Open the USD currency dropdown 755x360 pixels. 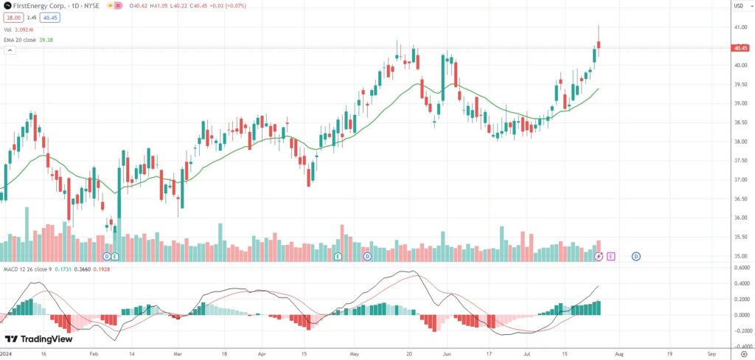pyautogui.click(x=737, y=7)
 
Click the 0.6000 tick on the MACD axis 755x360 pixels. pyautogui.click(x=740, y=268)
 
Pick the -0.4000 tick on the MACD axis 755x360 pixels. pyautogui.click(x=740, y=345)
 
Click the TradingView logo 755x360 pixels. pyautogui.click(x=34, y=339)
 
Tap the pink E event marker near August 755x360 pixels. pyautogui.click(x=611, y=256)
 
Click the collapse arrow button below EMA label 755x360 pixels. pyautogui.click(x=10, y=50)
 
